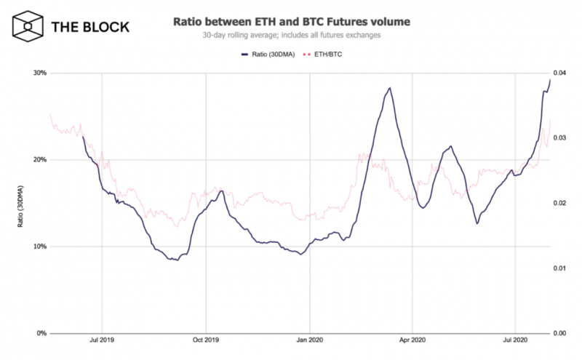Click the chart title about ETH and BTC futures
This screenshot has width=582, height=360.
pos(291,22)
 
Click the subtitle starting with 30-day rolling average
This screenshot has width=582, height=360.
pos(291,36)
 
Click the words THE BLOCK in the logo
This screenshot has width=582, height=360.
pos(90,28)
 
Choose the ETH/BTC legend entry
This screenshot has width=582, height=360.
pos(325,55)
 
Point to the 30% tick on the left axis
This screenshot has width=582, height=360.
pos(39,73)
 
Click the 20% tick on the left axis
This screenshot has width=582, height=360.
pos(39,160)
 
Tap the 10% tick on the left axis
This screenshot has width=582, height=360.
pos(39,247)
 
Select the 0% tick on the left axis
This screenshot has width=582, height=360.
pos(41,333)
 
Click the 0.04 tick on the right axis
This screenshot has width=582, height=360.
pos(559,73)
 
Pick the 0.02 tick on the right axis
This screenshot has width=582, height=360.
pos(559,203)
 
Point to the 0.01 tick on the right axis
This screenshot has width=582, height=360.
pos(559,268)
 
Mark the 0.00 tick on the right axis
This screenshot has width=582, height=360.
pos(559,333)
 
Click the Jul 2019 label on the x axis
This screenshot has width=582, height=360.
pos(102,340)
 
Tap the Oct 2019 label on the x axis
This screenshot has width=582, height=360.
pos(206,340)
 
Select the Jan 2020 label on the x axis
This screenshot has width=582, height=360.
pos(310,340)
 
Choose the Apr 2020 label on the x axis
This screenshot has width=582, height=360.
pos(412,340)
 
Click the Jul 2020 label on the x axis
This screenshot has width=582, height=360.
pos(515,340)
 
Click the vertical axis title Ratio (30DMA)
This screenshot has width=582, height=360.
pos(20,203)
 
